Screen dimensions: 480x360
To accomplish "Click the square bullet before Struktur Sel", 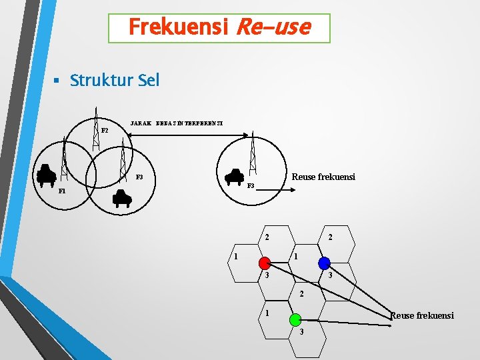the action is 57,81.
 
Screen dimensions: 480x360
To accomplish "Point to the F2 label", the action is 105,131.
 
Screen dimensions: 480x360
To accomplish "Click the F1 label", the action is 62,191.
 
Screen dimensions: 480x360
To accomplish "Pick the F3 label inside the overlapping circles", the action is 139,177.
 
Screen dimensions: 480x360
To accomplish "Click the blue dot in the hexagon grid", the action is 324,262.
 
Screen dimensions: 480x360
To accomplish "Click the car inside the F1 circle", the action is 47,175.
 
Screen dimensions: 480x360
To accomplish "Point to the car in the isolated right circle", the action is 235,177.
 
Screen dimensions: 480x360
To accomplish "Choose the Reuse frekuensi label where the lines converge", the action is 422,315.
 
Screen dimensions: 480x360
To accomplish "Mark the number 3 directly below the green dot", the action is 301,331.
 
